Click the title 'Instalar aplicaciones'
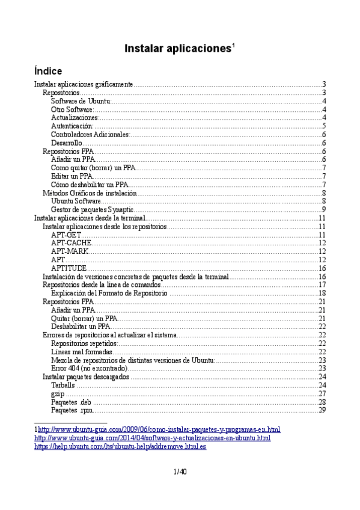177,49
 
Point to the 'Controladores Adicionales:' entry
90,135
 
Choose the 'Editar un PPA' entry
72,176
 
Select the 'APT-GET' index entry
66,235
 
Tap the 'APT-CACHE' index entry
71,243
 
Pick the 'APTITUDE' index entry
69,268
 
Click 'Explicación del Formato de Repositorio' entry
109,293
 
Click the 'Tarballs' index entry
63,385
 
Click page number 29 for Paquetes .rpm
322,410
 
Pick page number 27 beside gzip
322,393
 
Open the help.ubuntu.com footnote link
120,447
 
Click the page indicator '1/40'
180,472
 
